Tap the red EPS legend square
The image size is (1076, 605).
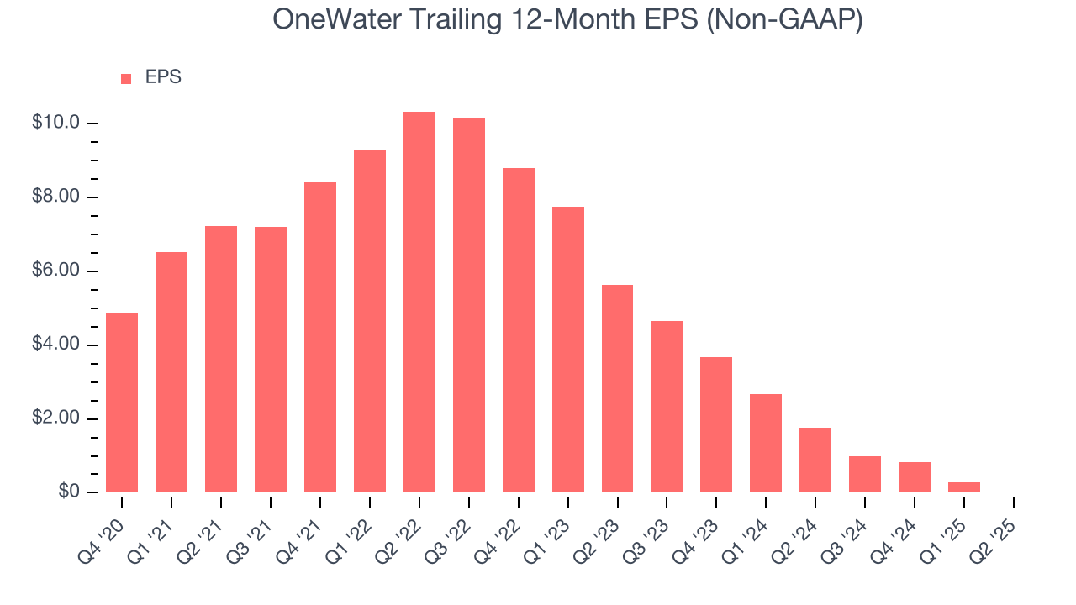coord(126,78)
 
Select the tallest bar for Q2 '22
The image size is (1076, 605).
coord(419,302)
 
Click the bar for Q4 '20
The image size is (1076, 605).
coord(122,403)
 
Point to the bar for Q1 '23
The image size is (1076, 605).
coord(568,350)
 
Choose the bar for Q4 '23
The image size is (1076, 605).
coord(716,425)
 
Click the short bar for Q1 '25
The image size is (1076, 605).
coord(964,487)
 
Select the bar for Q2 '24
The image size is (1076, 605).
coord(815,460)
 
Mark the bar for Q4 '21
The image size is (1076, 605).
coord(320,337)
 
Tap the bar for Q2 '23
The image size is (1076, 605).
coord(617,389)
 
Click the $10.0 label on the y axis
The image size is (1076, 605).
coord(55,123)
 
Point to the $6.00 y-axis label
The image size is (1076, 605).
coord(55,271)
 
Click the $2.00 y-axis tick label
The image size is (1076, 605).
coord(55,418)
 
